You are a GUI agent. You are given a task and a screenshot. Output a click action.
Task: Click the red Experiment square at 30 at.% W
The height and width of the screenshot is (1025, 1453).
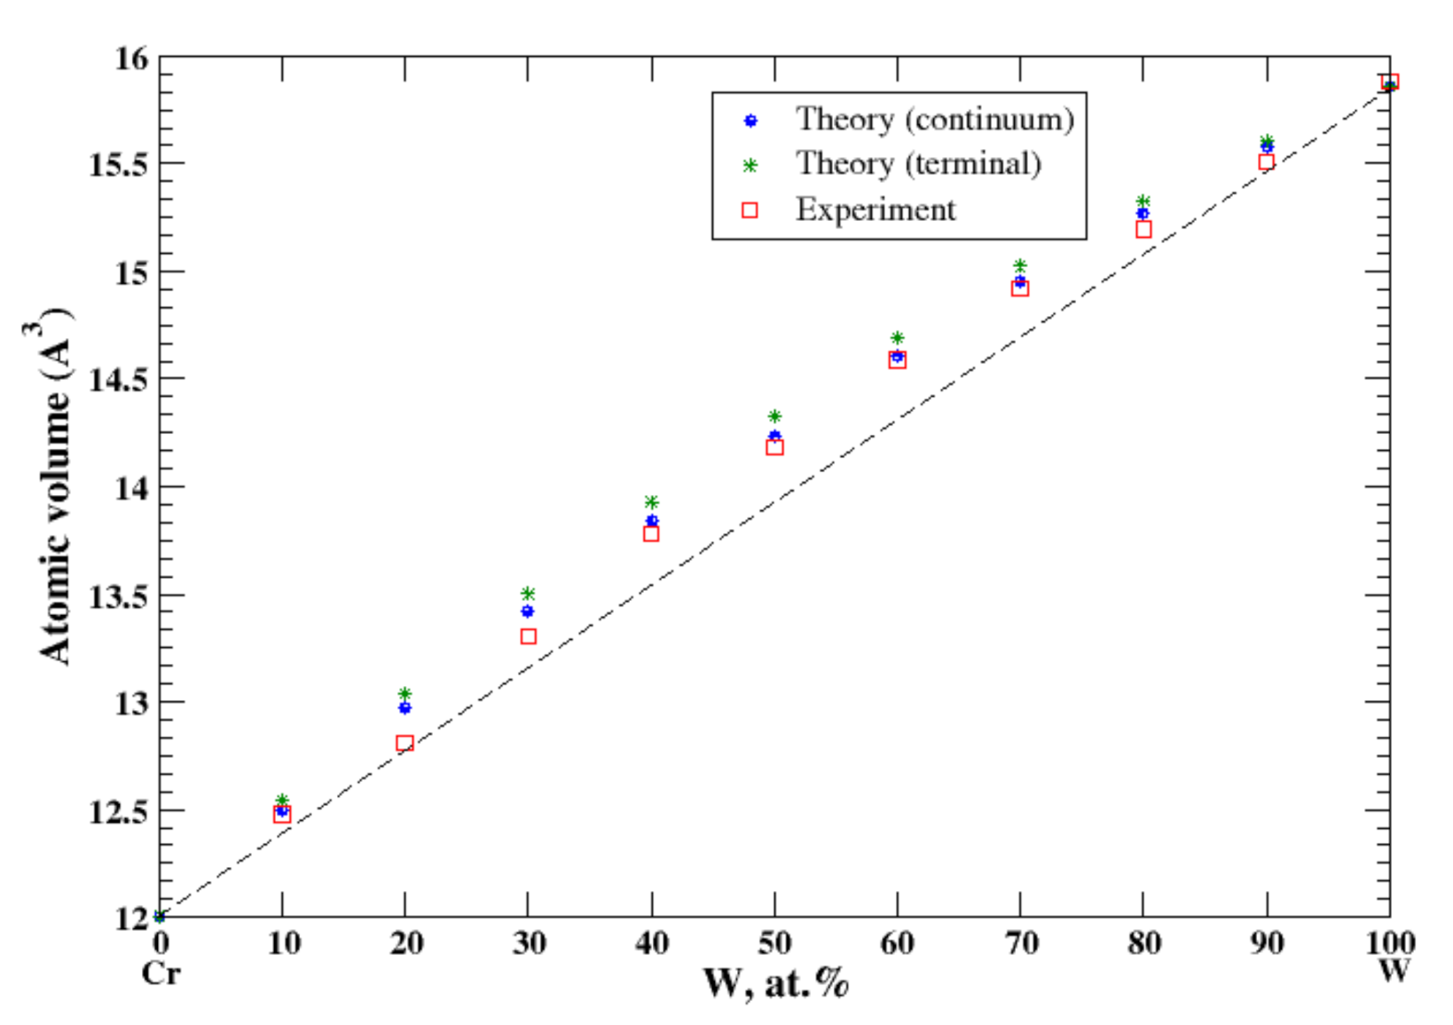pyautogui.click(x=529, y=636)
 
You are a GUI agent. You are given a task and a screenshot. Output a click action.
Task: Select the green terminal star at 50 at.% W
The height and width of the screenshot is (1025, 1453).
pyautogui.click(x=774, y=416)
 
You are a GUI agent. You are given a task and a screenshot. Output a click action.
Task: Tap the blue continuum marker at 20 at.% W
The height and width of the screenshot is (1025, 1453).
pyautogui.click(x=405, y=708)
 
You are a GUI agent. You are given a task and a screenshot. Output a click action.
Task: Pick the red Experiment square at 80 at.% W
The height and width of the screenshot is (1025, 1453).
pyautogui.click(x=1143, y=229)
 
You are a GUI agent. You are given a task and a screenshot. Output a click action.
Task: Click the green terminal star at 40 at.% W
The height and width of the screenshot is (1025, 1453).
pyautogui.click(x=652, y=502)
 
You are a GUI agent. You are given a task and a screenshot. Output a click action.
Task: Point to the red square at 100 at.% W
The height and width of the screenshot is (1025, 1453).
pyautogui.click(x=1389, y=83)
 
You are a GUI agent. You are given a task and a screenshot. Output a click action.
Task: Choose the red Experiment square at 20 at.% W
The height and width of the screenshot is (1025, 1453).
pyautogui.click(x=405, y=743)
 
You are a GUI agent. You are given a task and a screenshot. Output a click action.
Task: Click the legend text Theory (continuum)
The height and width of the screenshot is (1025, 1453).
pyautogui.click(x=934, y=119)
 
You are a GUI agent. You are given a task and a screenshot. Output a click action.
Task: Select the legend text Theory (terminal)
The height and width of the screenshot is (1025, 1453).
pyautogui.click(x=918, y=164)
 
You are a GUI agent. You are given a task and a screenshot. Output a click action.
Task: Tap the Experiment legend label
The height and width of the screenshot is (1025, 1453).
pyautogui.click(x=876, y=210)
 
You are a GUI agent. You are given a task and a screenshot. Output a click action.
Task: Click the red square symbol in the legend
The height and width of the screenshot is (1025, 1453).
pyautogui.click(x=750, y=210)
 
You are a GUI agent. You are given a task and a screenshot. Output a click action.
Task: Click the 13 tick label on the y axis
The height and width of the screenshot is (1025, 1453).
pyautogui.click(x=130, y=703)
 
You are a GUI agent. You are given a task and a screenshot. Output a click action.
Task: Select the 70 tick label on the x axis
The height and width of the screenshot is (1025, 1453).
pyautogui.click(x=1020, y=943)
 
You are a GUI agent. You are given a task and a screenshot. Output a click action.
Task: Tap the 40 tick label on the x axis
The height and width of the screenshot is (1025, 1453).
pyautogui.click(x=652, y=943)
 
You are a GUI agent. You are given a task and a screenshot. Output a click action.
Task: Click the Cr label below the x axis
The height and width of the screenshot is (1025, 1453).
pyautogui.click(x=161, y=974)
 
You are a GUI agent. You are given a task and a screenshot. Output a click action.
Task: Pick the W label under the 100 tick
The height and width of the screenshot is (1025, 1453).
pyautogui.click(x=1393, y=971)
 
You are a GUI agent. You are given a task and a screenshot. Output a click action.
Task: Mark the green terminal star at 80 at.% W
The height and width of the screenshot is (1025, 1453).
pyautogui.click(x=1143, y=201)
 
